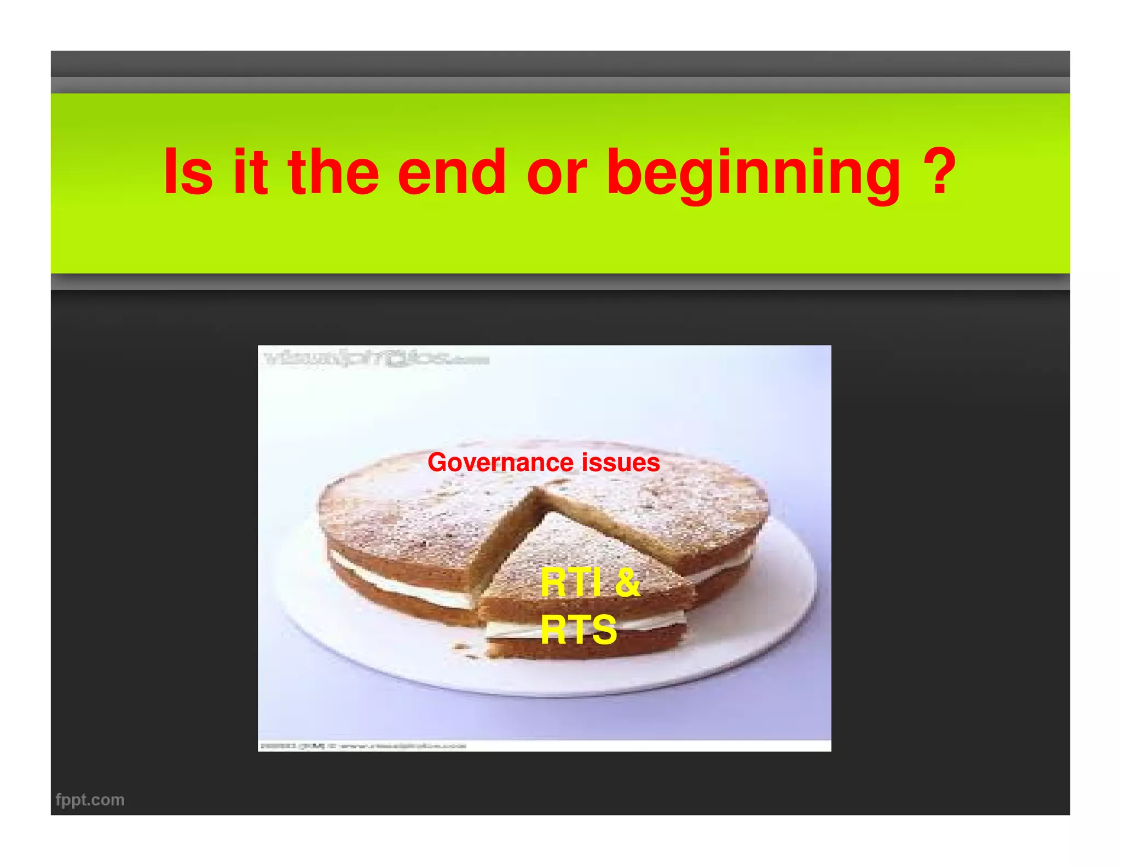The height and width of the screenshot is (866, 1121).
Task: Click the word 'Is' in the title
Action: tap(188, 172)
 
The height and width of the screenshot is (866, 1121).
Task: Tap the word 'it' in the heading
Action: tap(251, 172)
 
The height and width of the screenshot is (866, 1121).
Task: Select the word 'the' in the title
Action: tap(333, 172)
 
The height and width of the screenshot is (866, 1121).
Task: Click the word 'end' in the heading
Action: tap(452, 172)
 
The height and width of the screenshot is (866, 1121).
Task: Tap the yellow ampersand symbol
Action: tap(627, 582)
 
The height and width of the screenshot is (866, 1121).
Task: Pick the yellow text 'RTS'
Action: tap(579, 630)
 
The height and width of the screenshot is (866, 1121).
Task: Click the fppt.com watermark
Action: tap(90, 800)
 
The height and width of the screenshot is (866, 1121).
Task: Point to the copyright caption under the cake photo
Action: tap(362, 746)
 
